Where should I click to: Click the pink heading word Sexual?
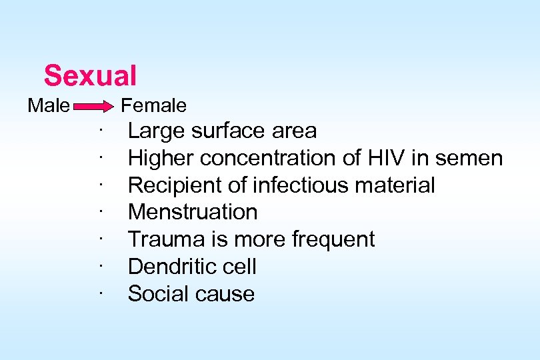pos(90,75)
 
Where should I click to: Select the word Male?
pos(48,105)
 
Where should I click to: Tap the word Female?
pos(153,105)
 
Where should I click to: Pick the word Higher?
pos(161,158)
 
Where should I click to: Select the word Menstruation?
pos(192,212)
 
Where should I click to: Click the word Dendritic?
pos(169,267)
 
